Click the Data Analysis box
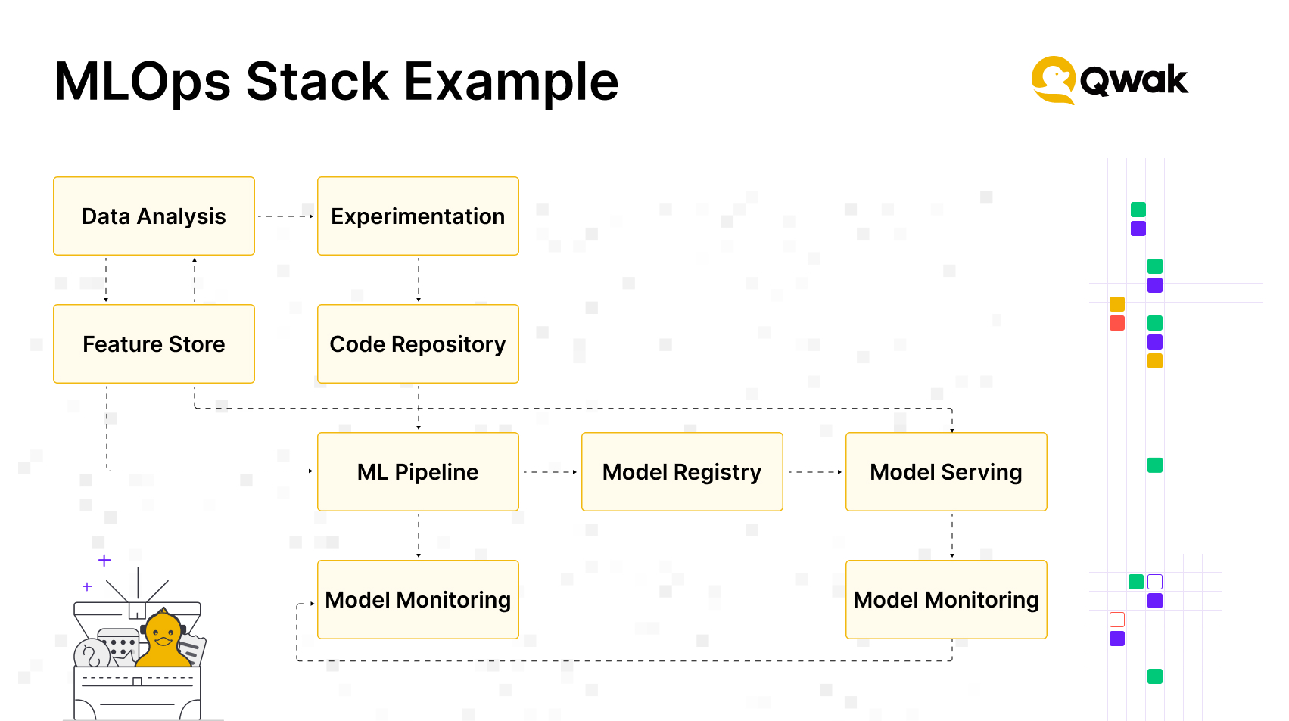(154, 216)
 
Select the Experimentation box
(418, 216)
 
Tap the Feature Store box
(154, 343)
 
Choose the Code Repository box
(418, 343)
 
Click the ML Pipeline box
(418, 471)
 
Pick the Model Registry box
(682, 471)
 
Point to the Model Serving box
(946, 471)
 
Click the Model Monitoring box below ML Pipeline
(418, 600)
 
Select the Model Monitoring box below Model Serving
(946, 600)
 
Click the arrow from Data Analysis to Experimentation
(285, 216)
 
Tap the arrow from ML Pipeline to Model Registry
(550, 472)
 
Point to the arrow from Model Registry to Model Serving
(814, 472)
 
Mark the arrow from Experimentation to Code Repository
(419, 280)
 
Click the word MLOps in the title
(142, 82)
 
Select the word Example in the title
(511, 82)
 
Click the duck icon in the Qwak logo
(1053, 80)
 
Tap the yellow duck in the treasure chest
(163, 639)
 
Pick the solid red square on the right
(1117, 323)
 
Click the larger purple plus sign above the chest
(104, 560)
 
